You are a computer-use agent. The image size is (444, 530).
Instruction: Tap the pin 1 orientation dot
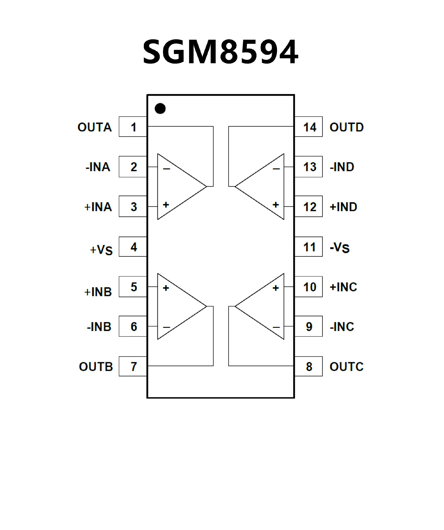pyautogui.click(x=160, y=108)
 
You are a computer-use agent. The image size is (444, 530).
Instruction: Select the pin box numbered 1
pyautogui.click(x=133, y=127)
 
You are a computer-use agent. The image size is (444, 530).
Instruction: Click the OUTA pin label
pyautogui.click(x=95, y=127)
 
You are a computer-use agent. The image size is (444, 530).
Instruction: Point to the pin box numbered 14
pyautogui.click(x=309, y=127)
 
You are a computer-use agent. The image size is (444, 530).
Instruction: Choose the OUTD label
pyautogui.click(x=347, y=127)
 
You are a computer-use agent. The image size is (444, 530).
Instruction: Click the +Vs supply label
pyautogui.click(x=101, y=250)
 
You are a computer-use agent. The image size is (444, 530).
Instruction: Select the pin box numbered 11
pyautogui.click(x=309, y=247)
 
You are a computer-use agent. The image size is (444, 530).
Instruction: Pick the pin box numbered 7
pyautogui.click(x=133, y=366)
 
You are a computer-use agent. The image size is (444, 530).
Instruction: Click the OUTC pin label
pyautogui.click(x=347, y=367)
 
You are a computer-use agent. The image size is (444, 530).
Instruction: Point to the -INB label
pyautogui.click(x=99, y=327)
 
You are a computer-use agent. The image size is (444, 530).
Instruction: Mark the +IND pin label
pyautogui.click(x=343, y=207)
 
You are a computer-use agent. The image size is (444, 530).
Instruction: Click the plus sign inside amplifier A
pyautogui.click(x=166, y=205)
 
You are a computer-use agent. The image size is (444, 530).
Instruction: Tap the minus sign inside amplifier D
pyautogui.click(x=276, y=169)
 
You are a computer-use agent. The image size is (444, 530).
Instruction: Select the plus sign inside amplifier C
pyautogui.click(x=276, y=288)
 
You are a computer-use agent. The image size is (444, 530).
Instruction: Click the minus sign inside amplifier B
pyautogui.click(x=166, y=327)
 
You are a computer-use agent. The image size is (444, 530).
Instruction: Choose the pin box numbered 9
pyautogui.click(x=309, y=326)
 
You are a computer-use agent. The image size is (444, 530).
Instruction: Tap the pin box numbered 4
pyautogui.click(x=133, y=247)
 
